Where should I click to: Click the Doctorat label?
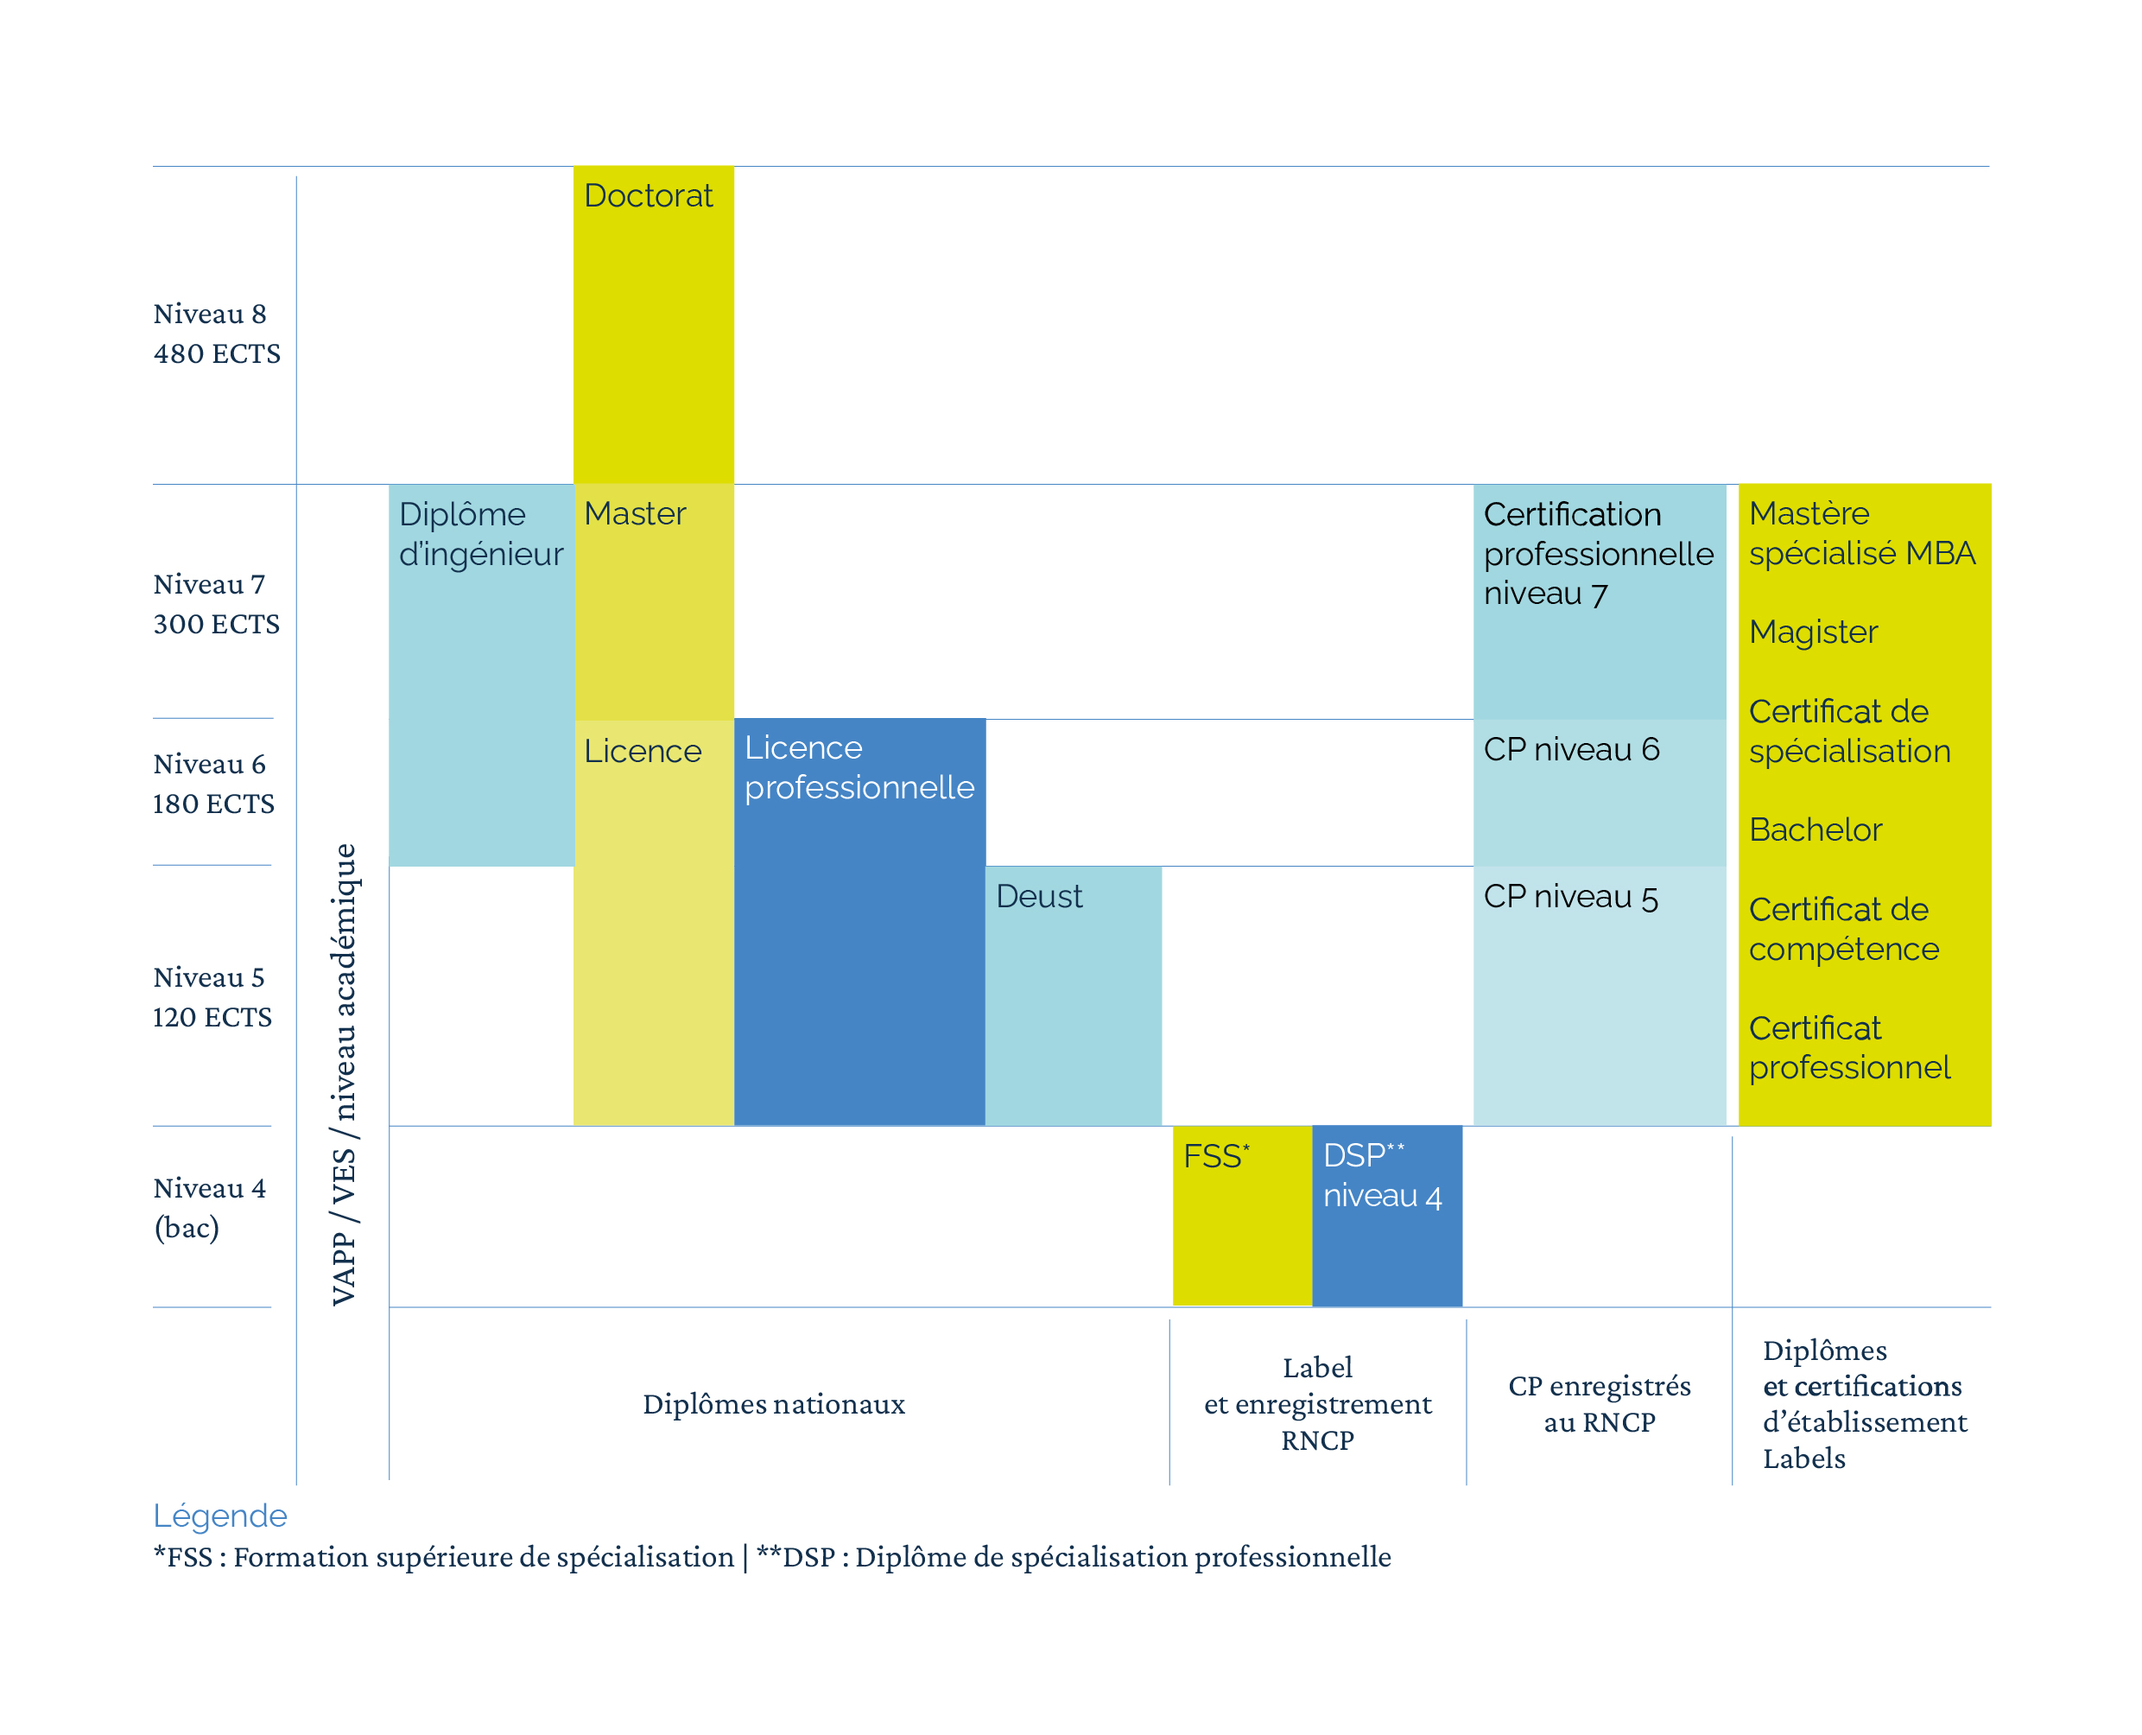point(648,196)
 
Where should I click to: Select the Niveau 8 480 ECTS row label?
point(216,334)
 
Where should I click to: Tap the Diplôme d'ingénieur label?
point(480,534)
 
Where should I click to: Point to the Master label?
point(635,514)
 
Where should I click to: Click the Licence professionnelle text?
point(859,767)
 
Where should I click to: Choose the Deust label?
point(1038,897)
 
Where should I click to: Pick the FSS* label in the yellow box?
point(1215,1156)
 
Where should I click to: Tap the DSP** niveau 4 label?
point(1382,1175)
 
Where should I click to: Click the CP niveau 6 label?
point(1570,750)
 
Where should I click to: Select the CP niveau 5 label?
point(1570,898)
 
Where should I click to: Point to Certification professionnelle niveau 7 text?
point(1598,554)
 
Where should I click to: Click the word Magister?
point(1812,632)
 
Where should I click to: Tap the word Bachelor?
point(1815,830)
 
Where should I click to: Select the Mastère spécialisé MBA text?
point(1861,534)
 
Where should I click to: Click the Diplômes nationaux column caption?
point(773,1404)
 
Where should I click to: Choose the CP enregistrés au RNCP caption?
point(1599,1404)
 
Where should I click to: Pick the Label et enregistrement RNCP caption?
point(1317,1404)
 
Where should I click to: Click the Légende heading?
point(219,1516)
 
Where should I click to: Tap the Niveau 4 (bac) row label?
point(209,1207)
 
